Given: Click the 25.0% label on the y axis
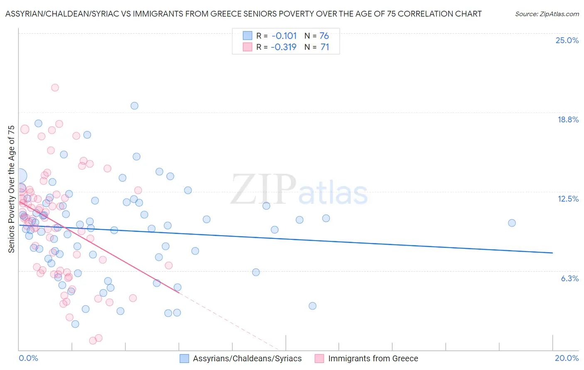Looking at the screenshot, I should pos(567,40).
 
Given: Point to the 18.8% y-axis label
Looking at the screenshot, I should pos(568,119).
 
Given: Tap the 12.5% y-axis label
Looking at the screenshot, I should pos(568,199).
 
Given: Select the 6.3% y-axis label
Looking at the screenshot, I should pos(569,278).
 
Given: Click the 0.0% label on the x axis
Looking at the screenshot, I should pos(28,358).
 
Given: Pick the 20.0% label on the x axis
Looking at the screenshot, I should pos(567,358).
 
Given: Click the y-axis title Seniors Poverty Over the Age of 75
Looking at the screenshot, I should pos(11,189).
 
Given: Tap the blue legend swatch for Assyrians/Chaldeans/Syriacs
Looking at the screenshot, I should pos(184,358).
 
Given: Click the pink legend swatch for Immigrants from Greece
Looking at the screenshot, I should pos(319,358).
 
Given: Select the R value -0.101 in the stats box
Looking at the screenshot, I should pos(284,36).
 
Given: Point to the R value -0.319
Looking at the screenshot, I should pos(284,47).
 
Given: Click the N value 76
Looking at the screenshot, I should pos(324,36).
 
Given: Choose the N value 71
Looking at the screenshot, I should pos(324,47).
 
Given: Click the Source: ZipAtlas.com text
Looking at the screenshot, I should pos(547,14).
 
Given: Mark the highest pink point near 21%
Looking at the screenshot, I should pos(55,88).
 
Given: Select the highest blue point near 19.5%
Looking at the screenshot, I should pos(134,106).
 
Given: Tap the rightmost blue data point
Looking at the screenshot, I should pos(512,223).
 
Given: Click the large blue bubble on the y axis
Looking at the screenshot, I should pos(19,176).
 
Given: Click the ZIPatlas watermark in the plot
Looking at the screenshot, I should pos(299,190).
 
